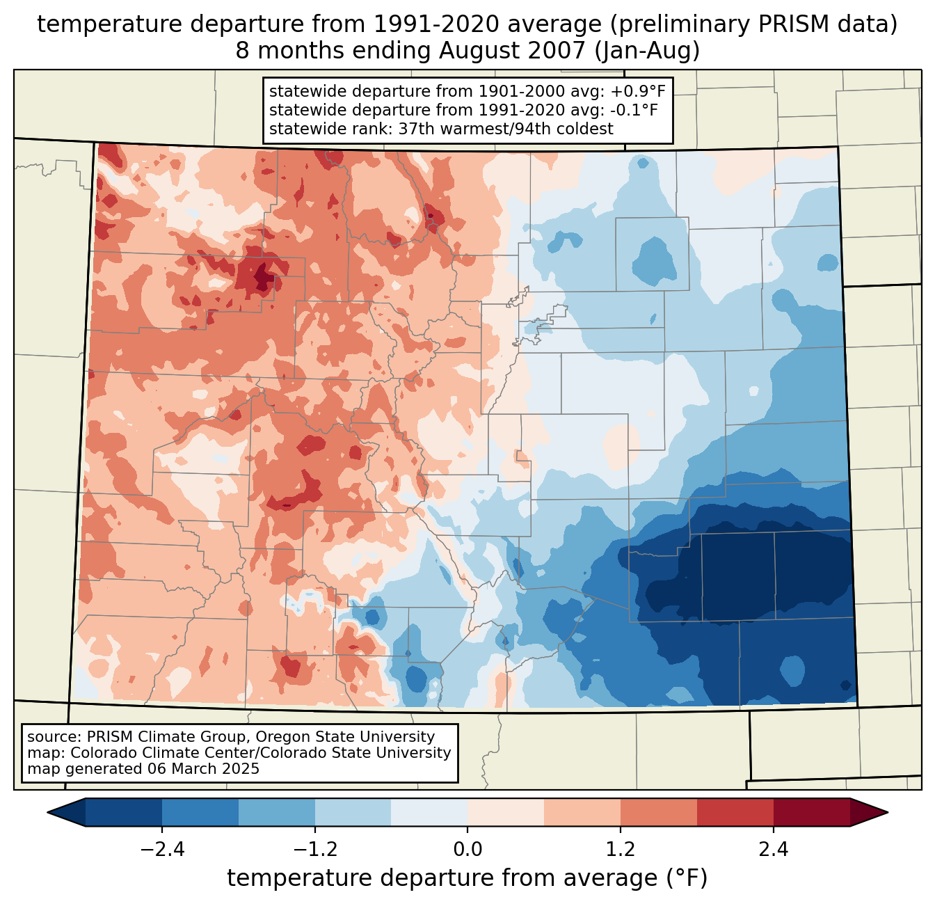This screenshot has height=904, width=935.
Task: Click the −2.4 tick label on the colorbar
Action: [162, 850]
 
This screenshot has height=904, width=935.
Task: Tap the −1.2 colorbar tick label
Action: [314, 850]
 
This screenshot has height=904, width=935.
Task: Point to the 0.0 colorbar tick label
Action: [467, 850]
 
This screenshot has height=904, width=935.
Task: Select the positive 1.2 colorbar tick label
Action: [621, 850]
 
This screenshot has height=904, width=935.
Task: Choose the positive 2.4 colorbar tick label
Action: [773, 850]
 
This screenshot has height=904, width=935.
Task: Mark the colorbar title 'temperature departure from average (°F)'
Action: [467, 878]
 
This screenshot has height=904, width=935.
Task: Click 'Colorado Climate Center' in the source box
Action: [154, 753]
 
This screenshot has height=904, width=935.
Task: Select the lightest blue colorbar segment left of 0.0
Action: [429, 812]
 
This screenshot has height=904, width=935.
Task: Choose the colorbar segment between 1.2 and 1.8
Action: [658, 812]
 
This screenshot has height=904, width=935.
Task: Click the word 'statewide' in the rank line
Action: [301, 129]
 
